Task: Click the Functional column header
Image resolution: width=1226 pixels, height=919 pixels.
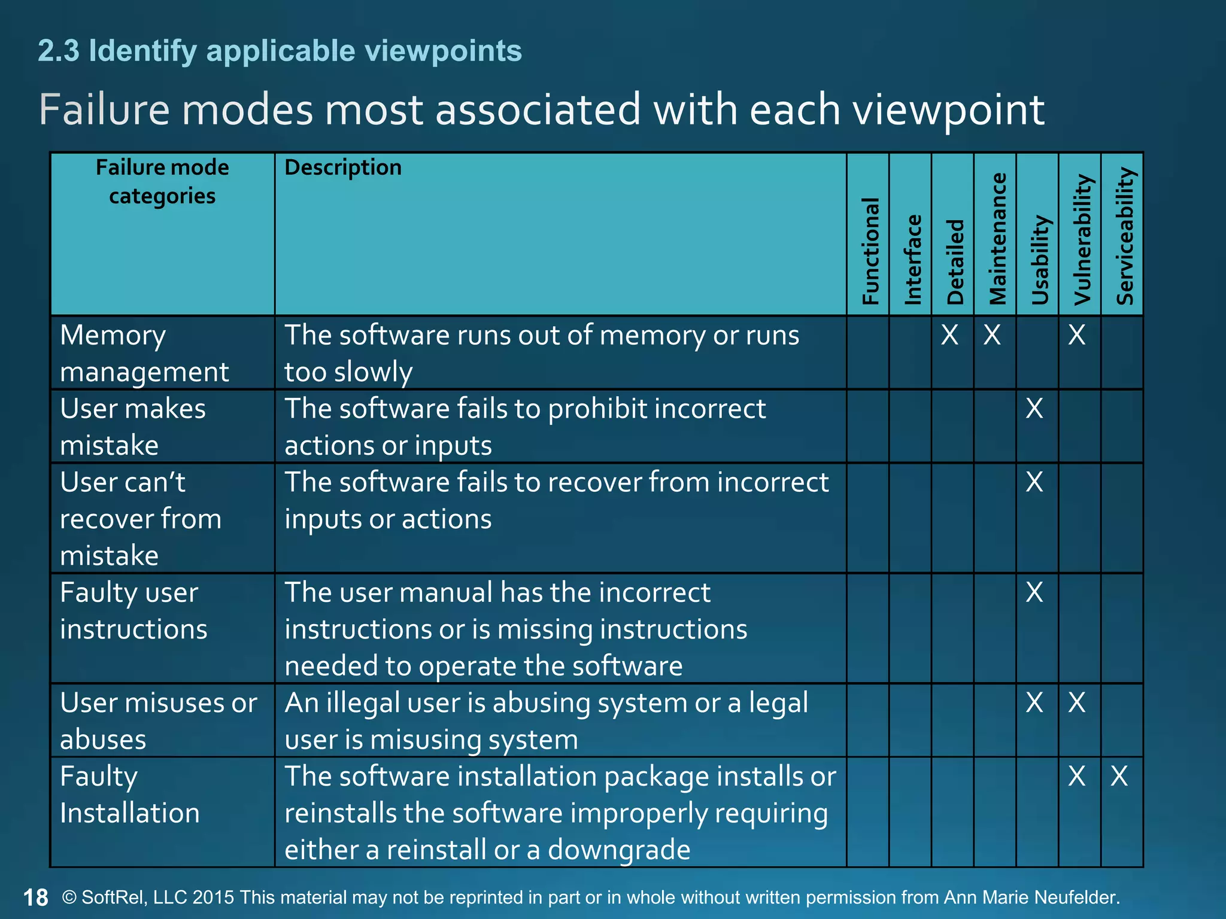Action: pos(870,251)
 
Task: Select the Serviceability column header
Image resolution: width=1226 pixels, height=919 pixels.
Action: pos(1125,236)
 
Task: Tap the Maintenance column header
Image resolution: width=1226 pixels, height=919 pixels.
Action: pos(997,239)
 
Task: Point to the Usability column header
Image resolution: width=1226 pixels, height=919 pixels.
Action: pos(1040,260)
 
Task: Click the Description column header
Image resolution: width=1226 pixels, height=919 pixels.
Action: pos(343,168)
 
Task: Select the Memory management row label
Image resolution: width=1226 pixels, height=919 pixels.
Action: pos(144,353)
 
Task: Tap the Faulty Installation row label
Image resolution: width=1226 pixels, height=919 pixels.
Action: pos(129,795)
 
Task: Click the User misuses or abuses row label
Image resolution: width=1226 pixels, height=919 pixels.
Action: pos(158,720)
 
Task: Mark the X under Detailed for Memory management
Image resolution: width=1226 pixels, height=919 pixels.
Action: pos(949,335)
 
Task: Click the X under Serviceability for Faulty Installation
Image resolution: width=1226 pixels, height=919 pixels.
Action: pos(1119,776)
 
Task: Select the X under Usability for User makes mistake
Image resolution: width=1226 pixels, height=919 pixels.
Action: pos(1034,409)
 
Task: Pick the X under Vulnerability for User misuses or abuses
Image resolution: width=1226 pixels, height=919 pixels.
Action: pos(1076,702)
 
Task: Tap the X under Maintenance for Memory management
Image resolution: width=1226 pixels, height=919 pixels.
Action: pos(992,335)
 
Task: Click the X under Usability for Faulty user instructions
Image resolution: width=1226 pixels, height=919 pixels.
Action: pos(1034,592)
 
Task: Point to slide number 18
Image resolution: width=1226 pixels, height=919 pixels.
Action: pos(35,897)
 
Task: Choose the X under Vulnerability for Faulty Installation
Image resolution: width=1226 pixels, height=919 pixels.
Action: pos(1076,776)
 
